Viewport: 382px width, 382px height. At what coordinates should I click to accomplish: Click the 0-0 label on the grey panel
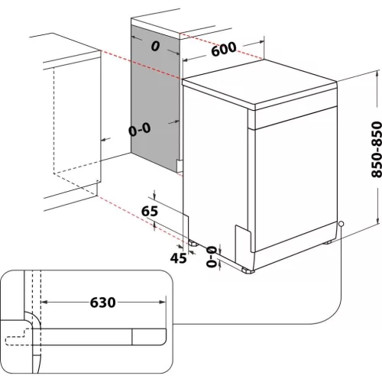click(x=140, y=130)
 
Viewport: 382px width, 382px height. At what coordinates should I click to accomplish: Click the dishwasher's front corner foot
click(x=247, y=269)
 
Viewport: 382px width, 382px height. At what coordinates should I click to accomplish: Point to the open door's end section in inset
click(x=149, y=334)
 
